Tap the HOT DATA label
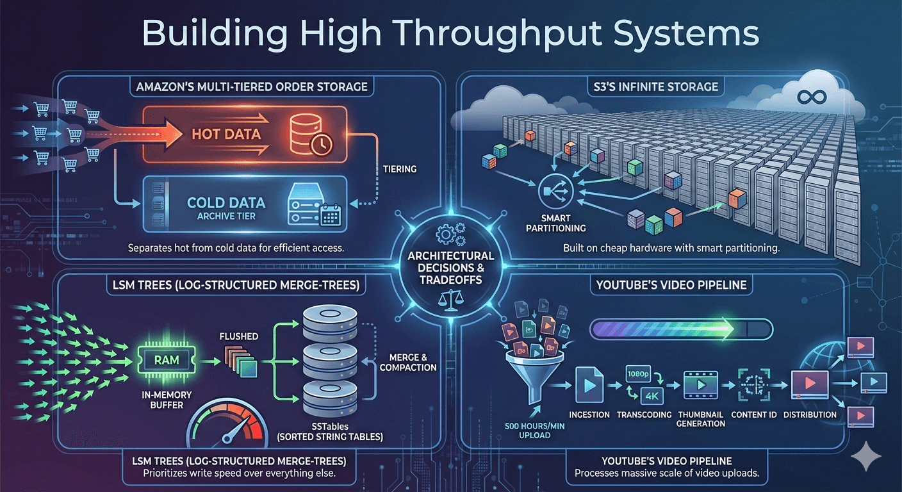click(x=227, y=135)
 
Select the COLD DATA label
click(x=226, y=203)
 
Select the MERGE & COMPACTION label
click(x=407, y=362)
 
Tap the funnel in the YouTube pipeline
click(x=533, y=378)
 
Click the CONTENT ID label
click(x=753, y=414)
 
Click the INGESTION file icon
click(x=589, y=385)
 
